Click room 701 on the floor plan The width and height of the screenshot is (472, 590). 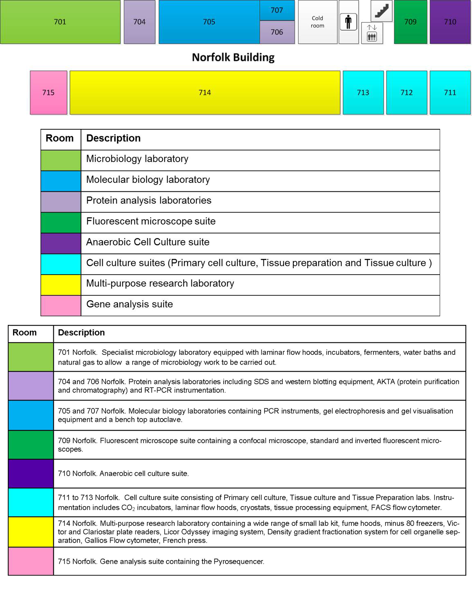click(60, 22)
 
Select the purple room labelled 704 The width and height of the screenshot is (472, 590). click(139, 22)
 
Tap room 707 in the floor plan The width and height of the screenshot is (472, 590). click(277, 10)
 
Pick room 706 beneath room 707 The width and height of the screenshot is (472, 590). click(277, 32)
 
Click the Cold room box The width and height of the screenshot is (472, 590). click(317, 22)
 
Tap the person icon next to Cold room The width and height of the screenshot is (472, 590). click(348, 22)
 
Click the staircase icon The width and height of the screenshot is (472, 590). click(382, 11)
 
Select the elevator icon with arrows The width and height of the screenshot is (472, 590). click(372, 33)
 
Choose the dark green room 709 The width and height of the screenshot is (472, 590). click(410, 22)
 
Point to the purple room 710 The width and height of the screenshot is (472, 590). click(450, 22)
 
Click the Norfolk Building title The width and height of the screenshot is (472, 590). click(233, 57)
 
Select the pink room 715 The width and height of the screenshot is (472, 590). click(48, 92)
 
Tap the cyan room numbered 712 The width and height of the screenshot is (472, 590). click(407, 92)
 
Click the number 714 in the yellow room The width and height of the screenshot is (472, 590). click(205, 92)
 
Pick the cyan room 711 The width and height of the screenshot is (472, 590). click(450, 92)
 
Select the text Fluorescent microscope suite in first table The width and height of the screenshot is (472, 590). click(151, 221)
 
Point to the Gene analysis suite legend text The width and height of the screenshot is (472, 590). click(129, 304)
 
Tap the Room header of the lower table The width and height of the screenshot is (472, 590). click(25, 333)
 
